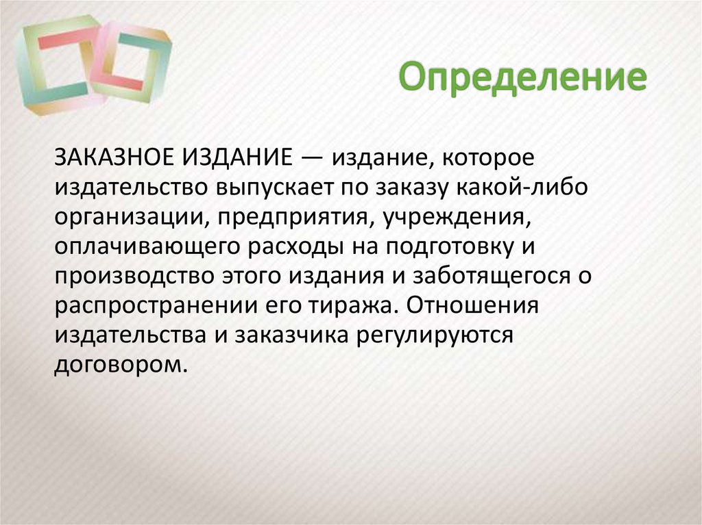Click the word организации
122,217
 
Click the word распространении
151,305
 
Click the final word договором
120,364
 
